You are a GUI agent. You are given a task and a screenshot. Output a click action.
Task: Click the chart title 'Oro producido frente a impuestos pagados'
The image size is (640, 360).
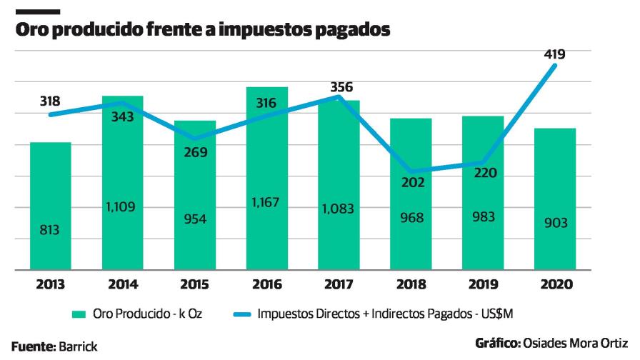(x=203, y=31)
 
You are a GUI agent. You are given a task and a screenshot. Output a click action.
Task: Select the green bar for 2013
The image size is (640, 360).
(x=51, y=207)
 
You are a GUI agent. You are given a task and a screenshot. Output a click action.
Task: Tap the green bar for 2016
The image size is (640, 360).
(x=267, y=179)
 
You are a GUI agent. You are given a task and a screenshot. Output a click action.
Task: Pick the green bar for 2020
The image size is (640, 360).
(x=555, y=200)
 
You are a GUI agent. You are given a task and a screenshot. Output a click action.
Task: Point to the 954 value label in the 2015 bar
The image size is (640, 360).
(x=195, y=219)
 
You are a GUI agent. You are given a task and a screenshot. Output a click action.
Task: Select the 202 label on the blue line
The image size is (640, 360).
(x=411, y=182)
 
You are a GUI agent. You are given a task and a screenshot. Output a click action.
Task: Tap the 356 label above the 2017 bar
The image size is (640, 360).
(x=341, y=87)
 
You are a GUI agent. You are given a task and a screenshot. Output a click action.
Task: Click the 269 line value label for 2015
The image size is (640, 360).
(x=195, y=152)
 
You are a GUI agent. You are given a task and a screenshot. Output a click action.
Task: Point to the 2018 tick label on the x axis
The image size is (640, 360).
(x=411, y=284)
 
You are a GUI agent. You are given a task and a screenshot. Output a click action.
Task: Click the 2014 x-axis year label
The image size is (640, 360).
(x=123, y=284)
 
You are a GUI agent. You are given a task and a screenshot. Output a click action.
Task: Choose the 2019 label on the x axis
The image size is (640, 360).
(x=484, y=284)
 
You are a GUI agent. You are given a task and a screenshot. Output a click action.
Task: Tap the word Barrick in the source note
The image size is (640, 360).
(x=79, y=346)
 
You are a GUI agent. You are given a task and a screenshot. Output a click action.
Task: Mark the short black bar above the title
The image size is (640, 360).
(x=36, y=11)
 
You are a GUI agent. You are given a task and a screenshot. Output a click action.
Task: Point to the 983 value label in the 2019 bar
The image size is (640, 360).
(x=484, y=217)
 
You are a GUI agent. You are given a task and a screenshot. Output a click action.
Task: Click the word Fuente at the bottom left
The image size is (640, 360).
(x=33, y=346)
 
